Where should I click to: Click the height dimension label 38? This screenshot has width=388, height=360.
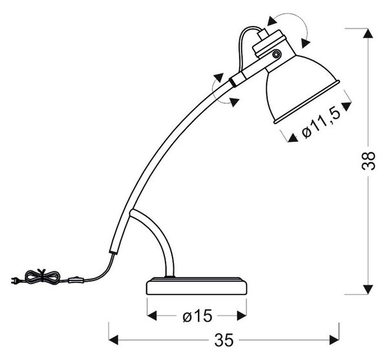(x=368, y=161)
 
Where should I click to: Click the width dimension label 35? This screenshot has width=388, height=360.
(x=224, y=340)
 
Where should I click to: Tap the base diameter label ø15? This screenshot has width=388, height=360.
(x=197, y=316)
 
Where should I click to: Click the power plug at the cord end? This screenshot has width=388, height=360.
(x=16, y=280)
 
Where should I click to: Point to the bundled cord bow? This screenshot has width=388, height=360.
(x=43, y=276)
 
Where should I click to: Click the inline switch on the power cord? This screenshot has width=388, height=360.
(x=76, y=280)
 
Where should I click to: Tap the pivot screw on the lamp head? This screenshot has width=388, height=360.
(x=276, y=54)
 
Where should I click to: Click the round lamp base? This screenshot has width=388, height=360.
(x=197, y=286)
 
